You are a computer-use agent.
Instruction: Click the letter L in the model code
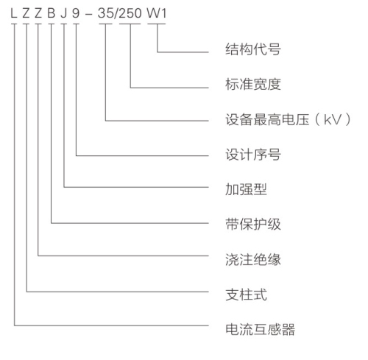[13, 13]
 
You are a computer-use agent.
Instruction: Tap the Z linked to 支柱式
[26, 13]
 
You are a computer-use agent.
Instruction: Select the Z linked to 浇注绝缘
[38, 13]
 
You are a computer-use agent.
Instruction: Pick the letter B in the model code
[51, 13]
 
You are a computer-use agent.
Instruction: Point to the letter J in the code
[63, 13]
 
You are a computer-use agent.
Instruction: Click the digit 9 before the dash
[76, 13]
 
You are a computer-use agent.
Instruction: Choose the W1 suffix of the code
[157, 13]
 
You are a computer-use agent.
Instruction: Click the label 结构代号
[253, 49]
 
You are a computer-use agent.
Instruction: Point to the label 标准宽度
[253, 84]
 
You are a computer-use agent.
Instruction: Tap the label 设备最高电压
[267, 119]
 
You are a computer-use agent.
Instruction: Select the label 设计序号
[253, 155]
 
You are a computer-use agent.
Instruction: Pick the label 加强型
[246, 189]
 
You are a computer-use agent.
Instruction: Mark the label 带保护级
[253, 224]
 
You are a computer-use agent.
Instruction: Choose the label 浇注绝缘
[253, 259]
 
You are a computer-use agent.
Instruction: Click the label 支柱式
[246, 294]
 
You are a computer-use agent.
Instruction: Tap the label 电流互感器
[260, 329]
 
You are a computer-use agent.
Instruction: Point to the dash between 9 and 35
[88, 14]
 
